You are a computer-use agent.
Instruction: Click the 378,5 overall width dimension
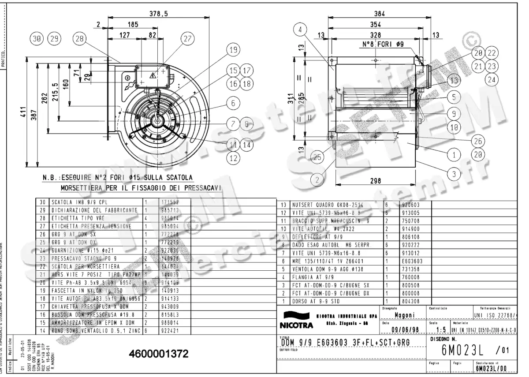coord(159,14)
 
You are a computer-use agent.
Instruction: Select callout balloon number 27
coord(187,39)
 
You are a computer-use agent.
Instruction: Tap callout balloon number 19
coord(234,50)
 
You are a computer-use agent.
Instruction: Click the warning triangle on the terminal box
coord(153,75)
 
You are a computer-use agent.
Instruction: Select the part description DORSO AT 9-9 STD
coord(313,301)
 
